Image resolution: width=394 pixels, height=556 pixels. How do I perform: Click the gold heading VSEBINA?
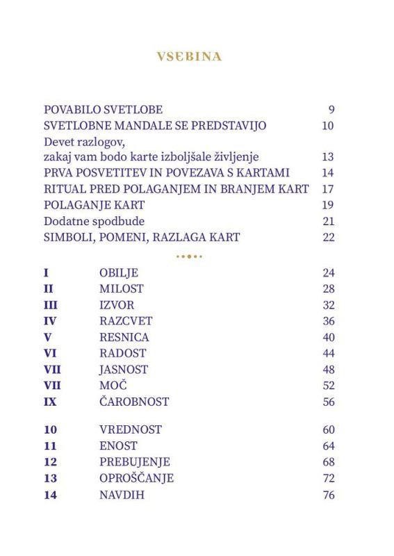pos(189,56)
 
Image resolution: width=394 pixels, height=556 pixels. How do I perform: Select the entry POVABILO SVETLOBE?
pos(103,110)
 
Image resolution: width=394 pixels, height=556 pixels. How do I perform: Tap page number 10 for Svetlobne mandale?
pos(328,126)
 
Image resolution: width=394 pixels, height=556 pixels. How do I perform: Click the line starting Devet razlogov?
pos(88,142)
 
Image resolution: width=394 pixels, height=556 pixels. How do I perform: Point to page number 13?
pos(328,157)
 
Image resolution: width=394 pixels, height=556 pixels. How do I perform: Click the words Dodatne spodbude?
pos(94,221)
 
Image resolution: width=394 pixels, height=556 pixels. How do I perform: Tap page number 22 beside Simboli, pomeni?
pos(328,237)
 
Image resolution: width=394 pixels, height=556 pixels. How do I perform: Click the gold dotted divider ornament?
pos(189,256)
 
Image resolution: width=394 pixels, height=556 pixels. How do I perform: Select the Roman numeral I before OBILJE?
pos(46,272)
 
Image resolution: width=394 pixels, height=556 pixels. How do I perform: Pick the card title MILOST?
pos(122,288)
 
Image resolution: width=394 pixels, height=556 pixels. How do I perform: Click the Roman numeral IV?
pos(50,321)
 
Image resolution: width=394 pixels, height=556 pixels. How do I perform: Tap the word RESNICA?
pos(124,337)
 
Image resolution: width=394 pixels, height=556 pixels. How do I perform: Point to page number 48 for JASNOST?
pos(328,370)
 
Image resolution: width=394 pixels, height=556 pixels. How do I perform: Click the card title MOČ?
pos(114,386)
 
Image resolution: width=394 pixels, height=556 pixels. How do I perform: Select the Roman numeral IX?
pos(50,402)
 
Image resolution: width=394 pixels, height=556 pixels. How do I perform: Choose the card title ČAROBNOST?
pos(134,402)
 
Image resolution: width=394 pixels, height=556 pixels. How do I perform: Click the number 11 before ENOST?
pos(49,445)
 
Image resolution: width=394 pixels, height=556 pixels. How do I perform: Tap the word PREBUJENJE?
pos(135,461)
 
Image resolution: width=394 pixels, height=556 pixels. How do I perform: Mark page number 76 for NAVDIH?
pos(328,495)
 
